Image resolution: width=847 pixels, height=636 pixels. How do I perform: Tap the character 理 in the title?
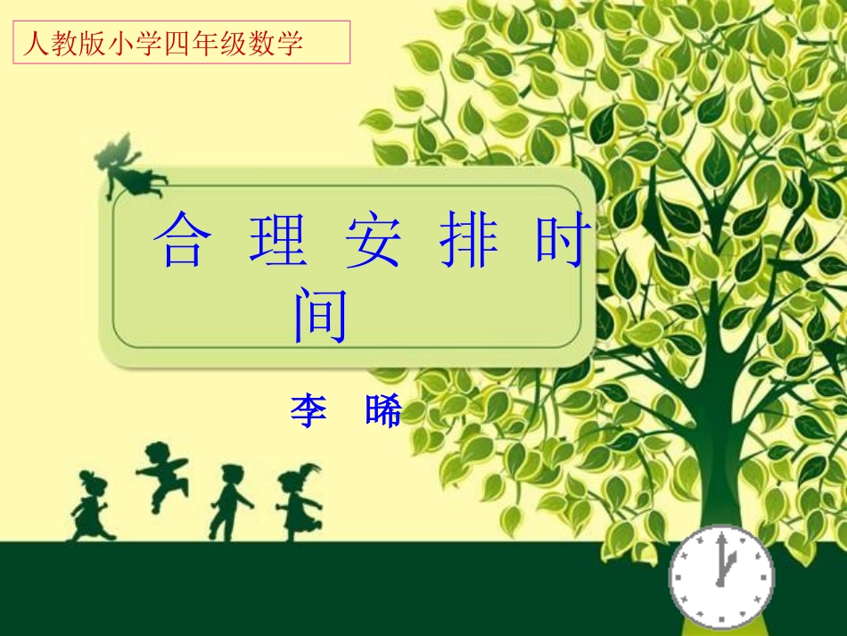277,242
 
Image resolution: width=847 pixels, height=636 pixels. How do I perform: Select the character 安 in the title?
373,242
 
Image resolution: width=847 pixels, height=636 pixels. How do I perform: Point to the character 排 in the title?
469,242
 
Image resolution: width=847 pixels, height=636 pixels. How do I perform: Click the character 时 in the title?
563,242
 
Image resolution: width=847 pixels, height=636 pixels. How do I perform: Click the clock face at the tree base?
721,576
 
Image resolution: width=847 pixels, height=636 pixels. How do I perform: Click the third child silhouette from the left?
230,501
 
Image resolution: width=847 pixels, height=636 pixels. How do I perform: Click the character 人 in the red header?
35,43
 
